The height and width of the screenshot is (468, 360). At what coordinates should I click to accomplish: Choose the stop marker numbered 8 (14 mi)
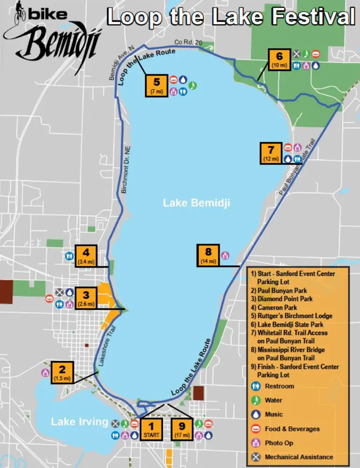pos(208,256)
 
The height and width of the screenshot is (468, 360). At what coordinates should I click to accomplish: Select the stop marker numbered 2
pos(62,373)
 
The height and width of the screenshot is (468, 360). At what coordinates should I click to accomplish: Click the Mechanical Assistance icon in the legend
pos(256,457)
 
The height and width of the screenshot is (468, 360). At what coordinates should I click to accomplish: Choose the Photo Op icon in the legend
pos(256,443)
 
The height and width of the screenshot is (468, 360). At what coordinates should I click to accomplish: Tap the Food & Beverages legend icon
pos(256,429)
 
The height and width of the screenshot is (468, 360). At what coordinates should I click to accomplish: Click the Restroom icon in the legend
pos(256,386)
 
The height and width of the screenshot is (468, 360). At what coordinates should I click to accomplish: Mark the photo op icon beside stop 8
pos(225,255)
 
